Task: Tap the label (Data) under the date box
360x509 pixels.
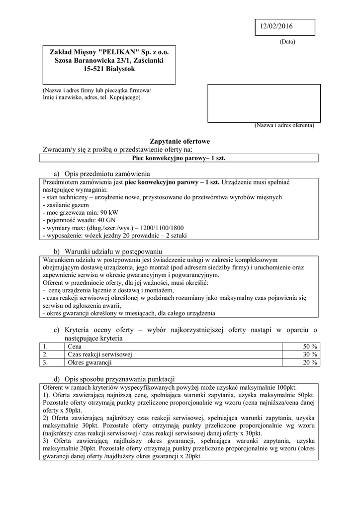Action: pos(287,42)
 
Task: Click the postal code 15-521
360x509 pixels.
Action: pos(95,69)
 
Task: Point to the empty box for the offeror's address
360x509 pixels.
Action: pos(264,103)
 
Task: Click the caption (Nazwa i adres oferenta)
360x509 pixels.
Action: pos(284,126)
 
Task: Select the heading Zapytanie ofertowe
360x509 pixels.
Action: pos(180,141)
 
